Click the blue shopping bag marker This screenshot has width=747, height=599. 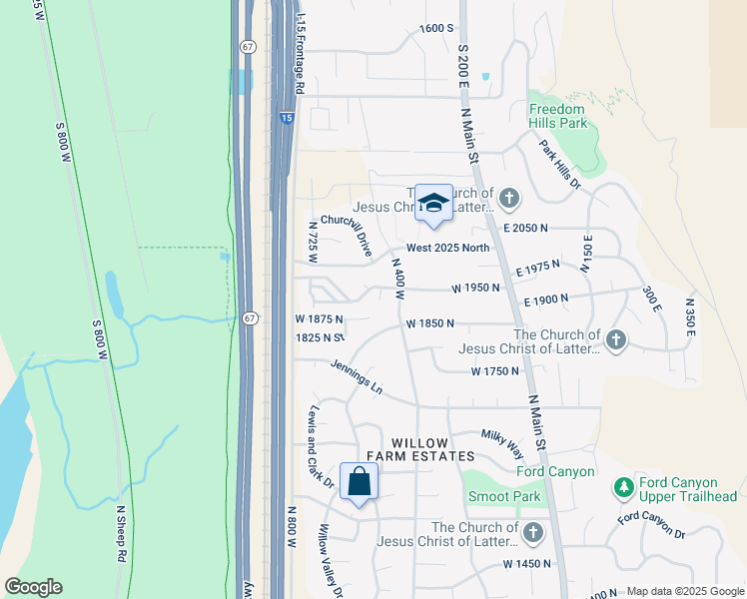click(x=360, y=482)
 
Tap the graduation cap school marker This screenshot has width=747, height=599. click(x=433, y=203)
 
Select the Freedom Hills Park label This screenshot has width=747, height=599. click(x=557, y=116)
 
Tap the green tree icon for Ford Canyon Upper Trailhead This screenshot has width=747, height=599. click(x=623, y=488)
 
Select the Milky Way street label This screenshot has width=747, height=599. click(x=502, y=440)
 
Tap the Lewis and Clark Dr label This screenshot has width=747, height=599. click(x=320, y=446)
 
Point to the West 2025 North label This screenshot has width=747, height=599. click(x=447, y=248)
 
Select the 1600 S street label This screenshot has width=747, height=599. click(x=436, y=28)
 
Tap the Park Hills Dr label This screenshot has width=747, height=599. click(x=559, y=164)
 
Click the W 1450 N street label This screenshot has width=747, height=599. click(x=527, y=564)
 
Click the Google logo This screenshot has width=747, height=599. click(x=33, y=587)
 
